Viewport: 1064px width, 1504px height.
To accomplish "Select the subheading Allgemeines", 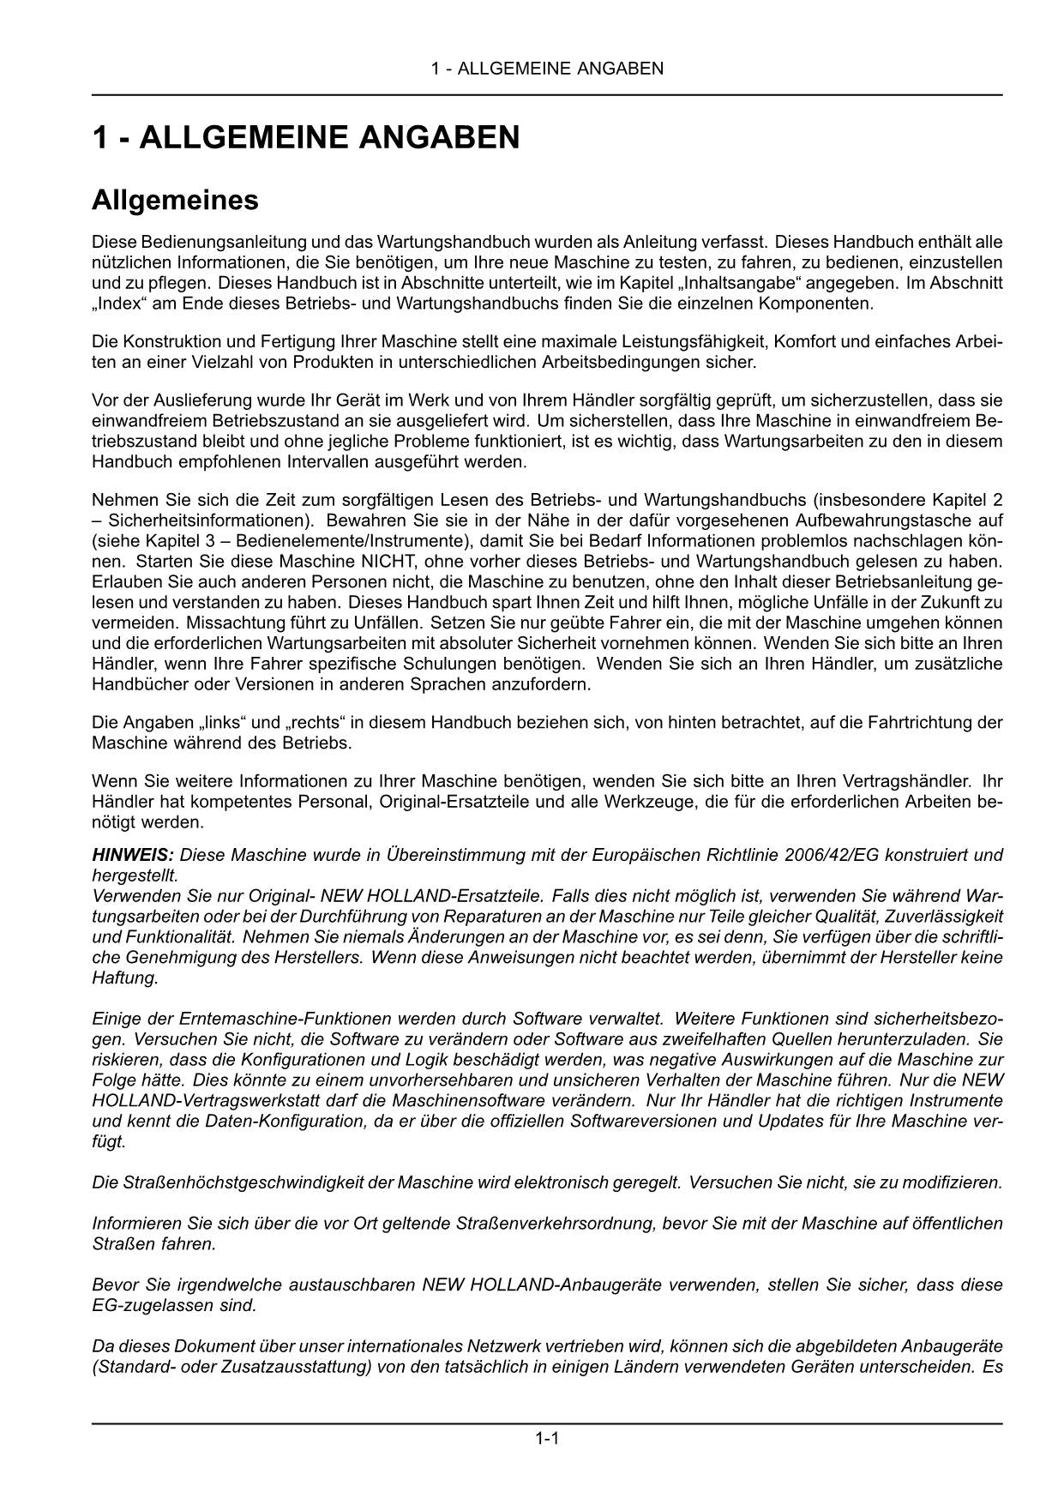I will point(175,201).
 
